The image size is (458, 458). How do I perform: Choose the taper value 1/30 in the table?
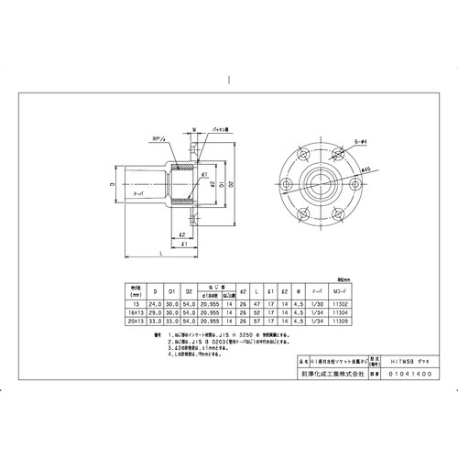coord(316,304)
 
